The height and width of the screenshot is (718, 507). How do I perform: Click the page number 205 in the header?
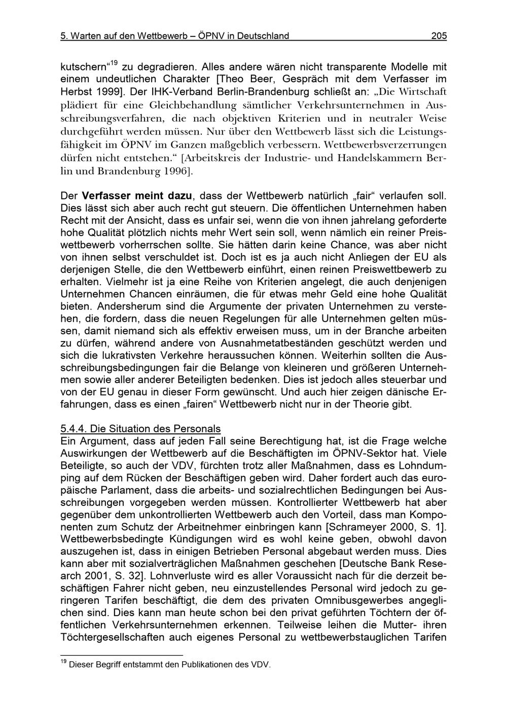click(439, 36)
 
